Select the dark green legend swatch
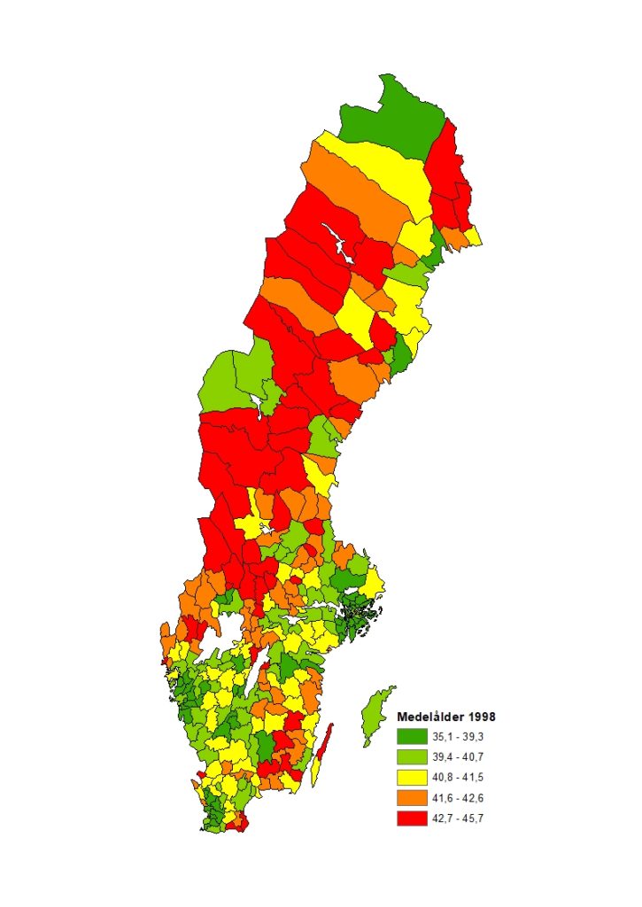pyautogui.click(x=411, y=736)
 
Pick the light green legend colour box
pyautogui.click(x=411, y=756)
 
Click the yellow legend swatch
pyautogui.click(x=411, y=777)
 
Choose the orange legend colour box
pyautogui.click(x=411, y=797)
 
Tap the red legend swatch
pyautogui.click(x=411, y=818)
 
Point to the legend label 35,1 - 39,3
pyautogui.click(x=458, y=736)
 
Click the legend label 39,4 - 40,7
pyautogui.click(x=458, y=756)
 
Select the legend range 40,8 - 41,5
pyautogui.click(x=458, y=777)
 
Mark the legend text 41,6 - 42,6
pyautogui.click(x=458, y=797)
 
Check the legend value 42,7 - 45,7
pyautogui.click(x=458, y=818)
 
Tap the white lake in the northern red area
pyautogui.click(x=339, y=243)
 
